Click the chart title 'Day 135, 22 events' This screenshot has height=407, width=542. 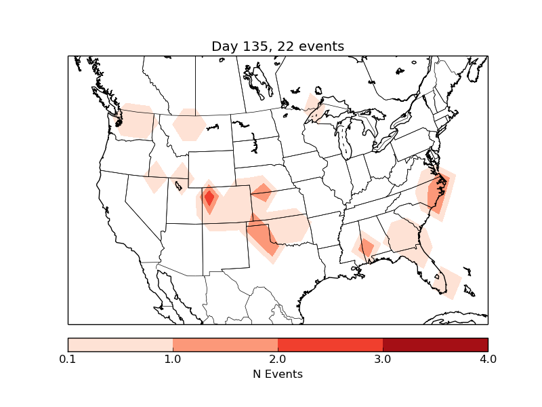point(278,46)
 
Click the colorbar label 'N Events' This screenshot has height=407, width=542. point(278,374)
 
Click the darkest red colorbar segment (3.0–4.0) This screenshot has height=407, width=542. point(435,345)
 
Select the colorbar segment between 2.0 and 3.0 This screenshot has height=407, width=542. point(330,345)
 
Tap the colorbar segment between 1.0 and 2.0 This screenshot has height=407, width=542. point(225,345)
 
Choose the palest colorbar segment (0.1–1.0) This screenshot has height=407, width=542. point(120,345)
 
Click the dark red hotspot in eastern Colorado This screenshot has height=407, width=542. point(209,198)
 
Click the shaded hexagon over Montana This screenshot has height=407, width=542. point(190,125)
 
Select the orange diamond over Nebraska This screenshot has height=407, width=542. point(262,193)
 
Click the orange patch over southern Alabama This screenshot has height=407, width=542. point(367,247)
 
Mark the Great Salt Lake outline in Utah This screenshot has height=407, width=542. point(179,185)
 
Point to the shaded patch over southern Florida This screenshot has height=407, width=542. point(448,284)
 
